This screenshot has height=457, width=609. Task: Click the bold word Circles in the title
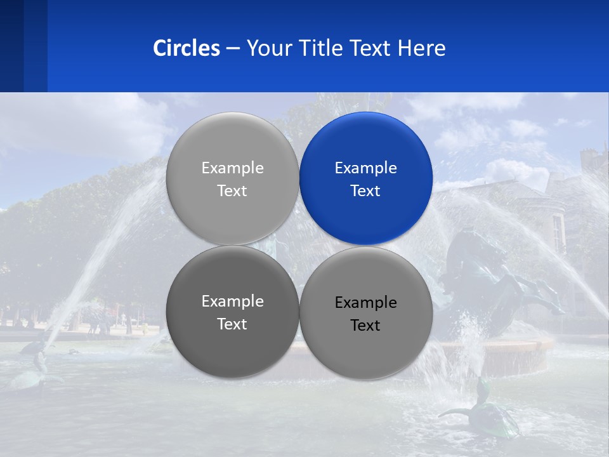[186, 48]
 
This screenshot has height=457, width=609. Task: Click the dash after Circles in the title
[233, 49]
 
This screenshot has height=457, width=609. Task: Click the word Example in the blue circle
[365, 168]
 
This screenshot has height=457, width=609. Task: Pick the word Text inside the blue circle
[365, 191]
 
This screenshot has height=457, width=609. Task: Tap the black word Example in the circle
[365, 303]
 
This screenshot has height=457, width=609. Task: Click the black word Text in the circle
[365, 326]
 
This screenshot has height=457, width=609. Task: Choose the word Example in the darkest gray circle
[232, 301]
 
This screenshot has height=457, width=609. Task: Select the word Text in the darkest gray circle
[232, 324]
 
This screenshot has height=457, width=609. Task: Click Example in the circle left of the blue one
[232, 168]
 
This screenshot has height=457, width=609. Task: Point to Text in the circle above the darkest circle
[232, 191]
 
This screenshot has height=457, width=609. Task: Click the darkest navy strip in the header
[11, 46]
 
